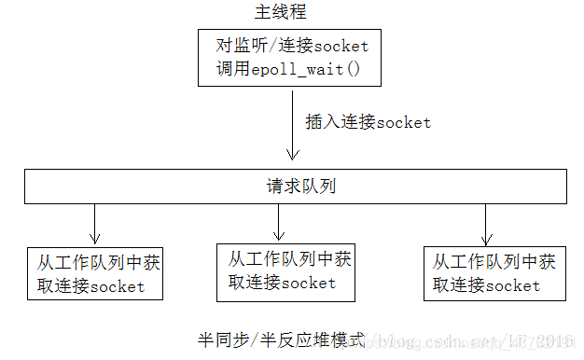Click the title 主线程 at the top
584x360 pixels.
pyautogui.click(x=280, y=12)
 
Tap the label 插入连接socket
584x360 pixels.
pyautogui.click(x=368, y=122)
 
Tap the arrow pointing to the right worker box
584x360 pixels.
pyautogui.click(x=486, y=224)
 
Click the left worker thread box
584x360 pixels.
pyautogui.click(x=94, y=273)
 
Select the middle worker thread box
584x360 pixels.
pyautogui.click(x=285, y=271)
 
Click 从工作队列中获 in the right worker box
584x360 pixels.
pyautogui.click(x=494, y=262)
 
